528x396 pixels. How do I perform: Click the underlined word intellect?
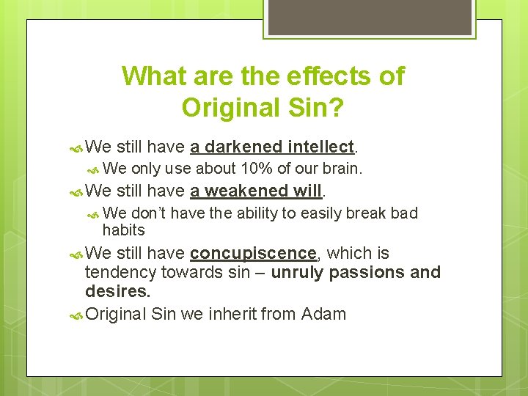(321, 147)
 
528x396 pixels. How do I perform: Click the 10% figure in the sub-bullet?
(255, 168)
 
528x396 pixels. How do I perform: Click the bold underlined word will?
(307, 191)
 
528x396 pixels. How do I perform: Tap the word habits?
(124, 230)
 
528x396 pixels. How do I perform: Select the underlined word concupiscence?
(252, 253)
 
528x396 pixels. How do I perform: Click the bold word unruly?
(297, 273)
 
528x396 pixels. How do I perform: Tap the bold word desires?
(117, 292)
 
